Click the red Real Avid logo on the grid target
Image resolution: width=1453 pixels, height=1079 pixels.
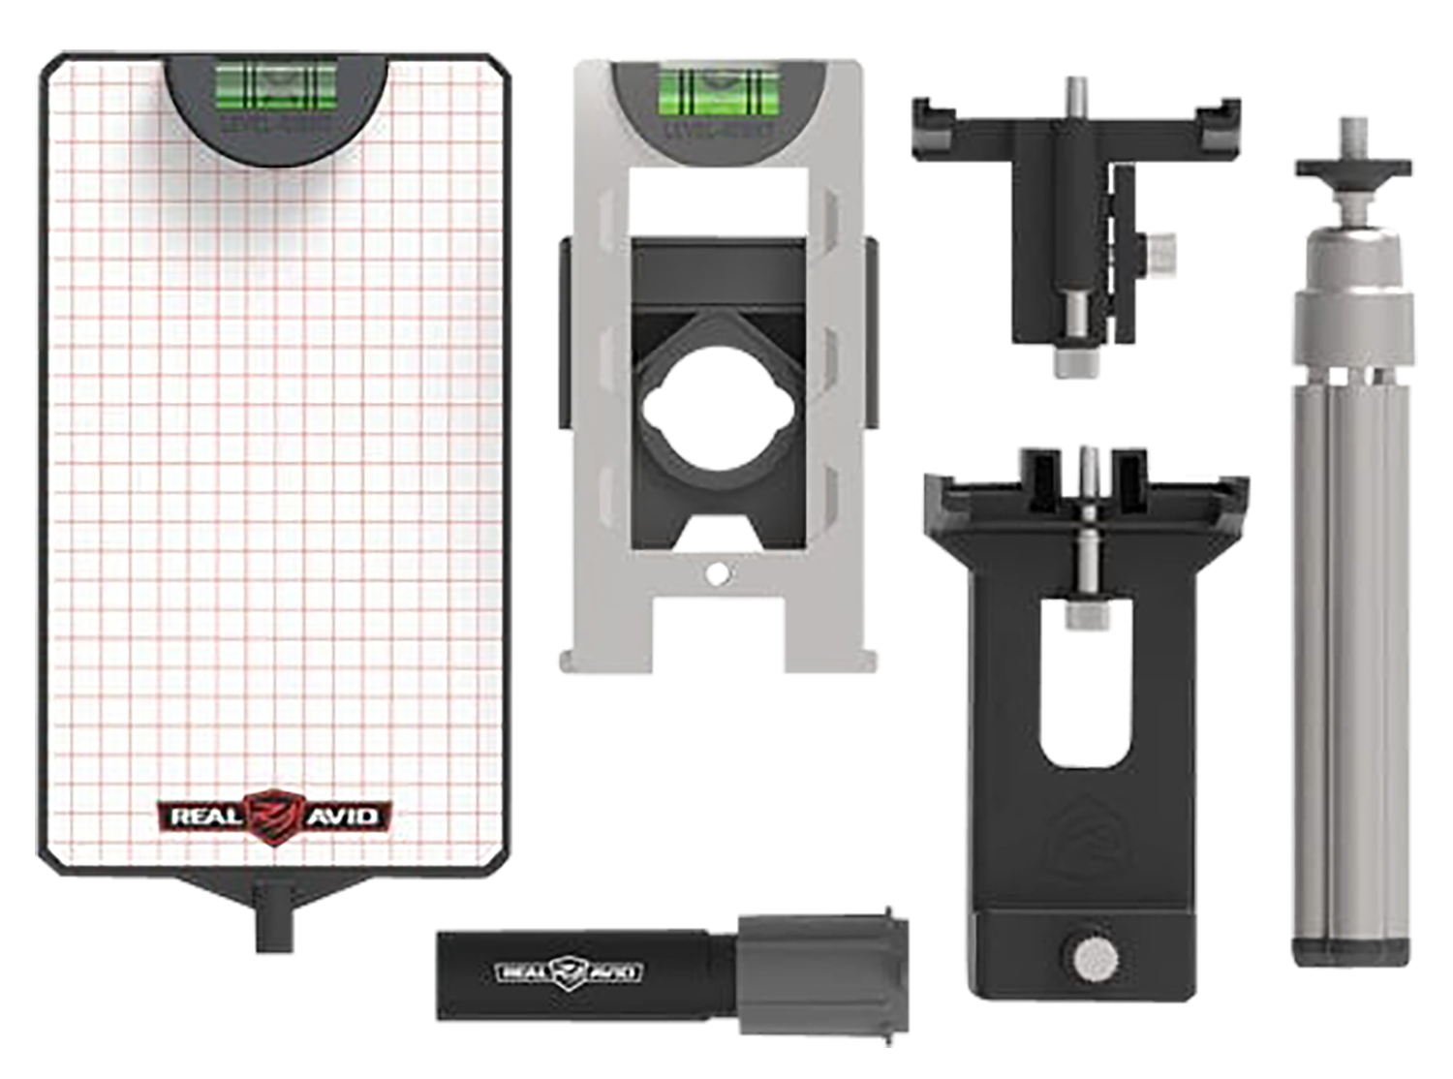[x=275, y=817]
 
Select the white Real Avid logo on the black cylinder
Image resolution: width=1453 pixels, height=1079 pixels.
[x=569, y=971]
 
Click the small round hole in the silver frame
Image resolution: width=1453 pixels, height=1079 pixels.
[x=717, y=574]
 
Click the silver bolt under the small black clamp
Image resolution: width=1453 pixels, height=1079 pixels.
[x=1073, y=361]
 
